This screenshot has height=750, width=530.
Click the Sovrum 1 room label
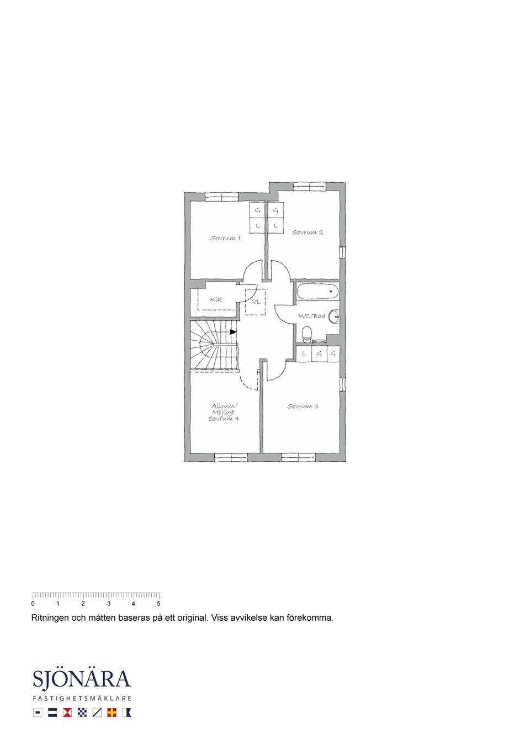tap(225, 239)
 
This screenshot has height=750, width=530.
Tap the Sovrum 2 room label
tap(308, 233)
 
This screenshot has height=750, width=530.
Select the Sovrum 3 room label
tap(303, 406)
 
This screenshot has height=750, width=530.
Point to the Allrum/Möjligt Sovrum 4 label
tap(223, 412)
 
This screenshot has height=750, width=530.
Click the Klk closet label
tap(216, 299)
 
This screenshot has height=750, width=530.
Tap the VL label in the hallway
tap(256, 302)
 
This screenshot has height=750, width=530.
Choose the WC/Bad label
tap(312, 316)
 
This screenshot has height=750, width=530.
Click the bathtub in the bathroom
tap(317, 291)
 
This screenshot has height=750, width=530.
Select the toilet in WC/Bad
tap(307, 335)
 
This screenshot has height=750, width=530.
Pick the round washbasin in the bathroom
tap(334, 316)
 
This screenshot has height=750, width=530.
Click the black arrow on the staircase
tap(233, 332)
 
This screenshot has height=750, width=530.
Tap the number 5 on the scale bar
tap(158, 604)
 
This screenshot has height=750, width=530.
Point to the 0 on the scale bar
tap(33, 604)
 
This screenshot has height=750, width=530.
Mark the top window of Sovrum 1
tap(221, 197)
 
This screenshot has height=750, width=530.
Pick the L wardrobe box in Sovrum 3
tap(304, 353)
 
